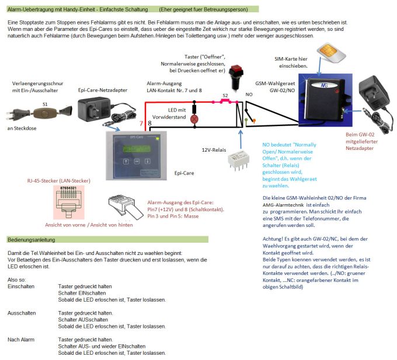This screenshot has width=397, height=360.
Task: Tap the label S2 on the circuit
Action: tap(225, 95)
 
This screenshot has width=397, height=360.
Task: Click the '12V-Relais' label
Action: tap(215, 149)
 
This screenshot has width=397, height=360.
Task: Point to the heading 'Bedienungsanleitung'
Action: tap(32, 240)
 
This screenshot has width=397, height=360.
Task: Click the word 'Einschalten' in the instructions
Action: tap(21, 286)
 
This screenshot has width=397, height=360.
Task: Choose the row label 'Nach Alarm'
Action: tap(21, 339)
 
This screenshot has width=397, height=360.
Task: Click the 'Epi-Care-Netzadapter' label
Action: tap(100, 90)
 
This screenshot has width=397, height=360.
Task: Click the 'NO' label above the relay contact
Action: tap(249, 93)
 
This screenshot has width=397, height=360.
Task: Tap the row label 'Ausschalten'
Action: tap(21, 313)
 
